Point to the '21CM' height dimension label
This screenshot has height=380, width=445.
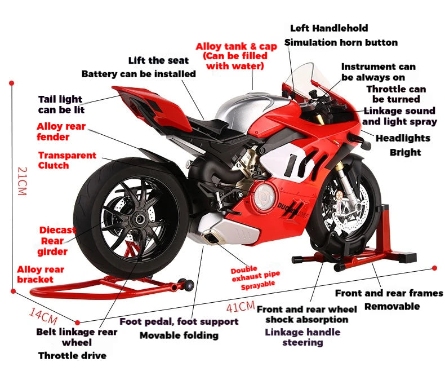(x=21, y=180)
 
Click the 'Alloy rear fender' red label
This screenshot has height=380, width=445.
(x=61, y=131)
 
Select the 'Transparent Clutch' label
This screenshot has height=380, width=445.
(x=67, y=160)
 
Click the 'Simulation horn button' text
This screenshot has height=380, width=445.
(x=341, y=42)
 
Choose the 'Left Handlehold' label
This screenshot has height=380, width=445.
(x=329, y=28)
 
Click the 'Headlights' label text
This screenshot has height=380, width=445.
(x=403, y=138)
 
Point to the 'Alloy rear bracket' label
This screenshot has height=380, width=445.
(x=41, y=275)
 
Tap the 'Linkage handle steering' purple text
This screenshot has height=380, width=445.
(x=303, y=337)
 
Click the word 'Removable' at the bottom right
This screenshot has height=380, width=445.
(x=392, y=306)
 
